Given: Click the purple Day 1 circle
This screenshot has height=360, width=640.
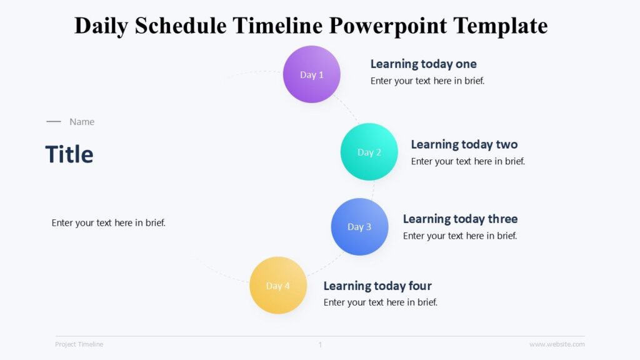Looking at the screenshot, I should click(x=312, y=74).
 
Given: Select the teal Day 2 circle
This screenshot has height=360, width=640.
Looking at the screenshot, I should click(x=369, y=152).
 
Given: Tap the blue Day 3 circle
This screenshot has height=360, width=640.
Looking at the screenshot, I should click(x=359, y=227).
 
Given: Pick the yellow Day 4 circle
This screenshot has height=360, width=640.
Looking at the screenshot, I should click(x=278, y=286).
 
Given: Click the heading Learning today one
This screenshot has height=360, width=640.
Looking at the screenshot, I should click(x=423, y=64).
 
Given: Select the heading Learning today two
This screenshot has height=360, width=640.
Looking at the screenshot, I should click(x=464, y=144).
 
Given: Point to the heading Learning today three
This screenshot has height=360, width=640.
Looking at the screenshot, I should click(x=460, y=219).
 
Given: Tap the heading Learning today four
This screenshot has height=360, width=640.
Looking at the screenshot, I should click(x=377, y=286).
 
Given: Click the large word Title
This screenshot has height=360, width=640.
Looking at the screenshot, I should click(x=69, y=154).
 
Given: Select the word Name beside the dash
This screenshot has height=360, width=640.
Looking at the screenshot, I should click(x=82, y=122).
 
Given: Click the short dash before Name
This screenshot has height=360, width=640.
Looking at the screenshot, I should click(x=54, y=122).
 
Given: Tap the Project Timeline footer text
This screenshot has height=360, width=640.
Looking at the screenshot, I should click(x=79, y=344).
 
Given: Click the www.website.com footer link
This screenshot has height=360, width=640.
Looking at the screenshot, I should click(x=557, y=344).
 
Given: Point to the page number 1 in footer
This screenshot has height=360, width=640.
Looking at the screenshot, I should click(x=320, y=344).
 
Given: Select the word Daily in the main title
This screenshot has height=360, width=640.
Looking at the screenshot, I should click(x=100, y=26).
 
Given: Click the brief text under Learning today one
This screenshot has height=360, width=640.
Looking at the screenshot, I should click(x=427, y=81).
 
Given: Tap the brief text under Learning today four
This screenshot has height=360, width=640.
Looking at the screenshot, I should click(x=381, y=302).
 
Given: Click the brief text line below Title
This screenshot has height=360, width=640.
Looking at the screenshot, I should click(x=109, y=222).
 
